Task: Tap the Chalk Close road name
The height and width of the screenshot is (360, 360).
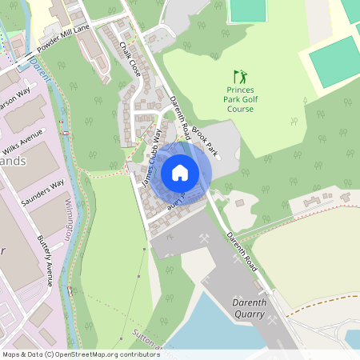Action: click(x=130, y=59)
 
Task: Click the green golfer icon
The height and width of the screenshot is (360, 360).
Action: click(x=240, y=76)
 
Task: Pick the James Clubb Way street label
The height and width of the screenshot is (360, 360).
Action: click(x=151, y=158)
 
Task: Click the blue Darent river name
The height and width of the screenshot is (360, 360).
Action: click(x=39, y=68)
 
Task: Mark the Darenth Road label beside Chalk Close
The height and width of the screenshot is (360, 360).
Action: click(x=178, y=115)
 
